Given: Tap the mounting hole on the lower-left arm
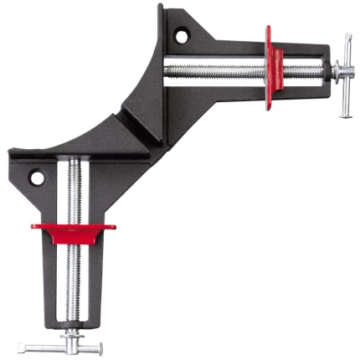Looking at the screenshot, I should (x=36, y=177).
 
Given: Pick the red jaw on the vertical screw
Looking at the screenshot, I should (x=74, y=224).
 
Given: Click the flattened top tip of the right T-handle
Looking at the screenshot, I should (x=345, y=39).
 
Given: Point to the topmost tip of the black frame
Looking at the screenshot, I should (x=162, y=8).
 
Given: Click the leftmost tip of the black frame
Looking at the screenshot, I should (x=10, y=152).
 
